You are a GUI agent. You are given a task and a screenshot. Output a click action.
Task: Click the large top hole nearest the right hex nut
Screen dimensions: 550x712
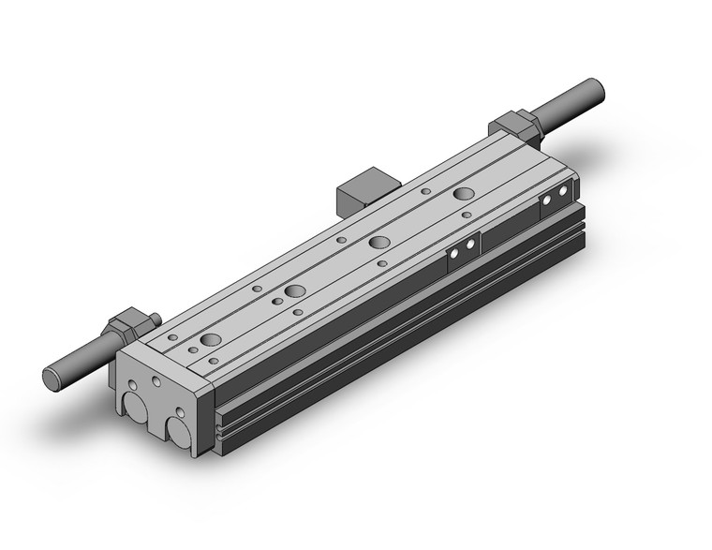click(x=464, y=194)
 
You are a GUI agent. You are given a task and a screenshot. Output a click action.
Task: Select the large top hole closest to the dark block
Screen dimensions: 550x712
click(x=379, y=242)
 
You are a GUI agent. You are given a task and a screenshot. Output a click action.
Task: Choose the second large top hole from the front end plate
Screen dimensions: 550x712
click(x=295, y=290)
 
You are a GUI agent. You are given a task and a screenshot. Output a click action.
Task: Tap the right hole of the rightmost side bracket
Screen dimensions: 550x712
click(x=563, y=192)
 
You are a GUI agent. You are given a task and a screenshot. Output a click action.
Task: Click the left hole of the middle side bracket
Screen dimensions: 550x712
click(x=453, y=253)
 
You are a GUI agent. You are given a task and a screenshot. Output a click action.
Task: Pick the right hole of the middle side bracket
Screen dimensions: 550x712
click(x=469, y=245)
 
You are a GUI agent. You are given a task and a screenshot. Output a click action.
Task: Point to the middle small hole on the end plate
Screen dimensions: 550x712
click(x=156, y=384)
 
